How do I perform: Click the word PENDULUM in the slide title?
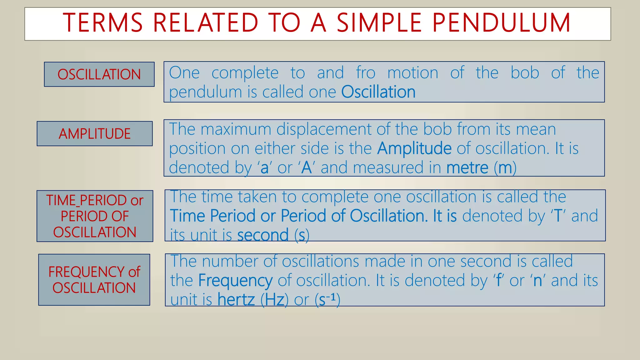501,23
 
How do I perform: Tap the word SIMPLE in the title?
379,23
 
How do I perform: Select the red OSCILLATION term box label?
99,74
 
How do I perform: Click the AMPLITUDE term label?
95,134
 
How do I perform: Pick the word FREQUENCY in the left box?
87,272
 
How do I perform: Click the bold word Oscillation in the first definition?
378,92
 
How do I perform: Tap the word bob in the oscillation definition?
525,73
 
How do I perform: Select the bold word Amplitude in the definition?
414,148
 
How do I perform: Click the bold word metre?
467,168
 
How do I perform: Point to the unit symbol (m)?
505,168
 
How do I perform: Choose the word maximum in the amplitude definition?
236,129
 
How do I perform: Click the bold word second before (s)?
262,235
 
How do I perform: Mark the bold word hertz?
236,300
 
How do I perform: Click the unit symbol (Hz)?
274,300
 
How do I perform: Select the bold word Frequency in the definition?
235,280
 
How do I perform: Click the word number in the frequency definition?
230,261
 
